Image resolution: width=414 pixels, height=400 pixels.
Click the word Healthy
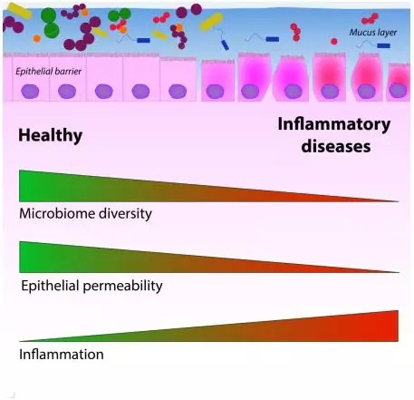coord(51,135)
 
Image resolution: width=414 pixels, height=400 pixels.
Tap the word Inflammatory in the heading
coord(334,124)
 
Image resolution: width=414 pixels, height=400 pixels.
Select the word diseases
coord(336,146)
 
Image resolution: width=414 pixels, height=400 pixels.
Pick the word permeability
coord(122,286)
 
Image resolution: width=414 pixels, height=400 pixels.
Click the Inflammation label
coord(62,355)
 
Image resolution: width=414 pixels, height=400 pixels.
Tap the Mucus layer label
coord(373,33)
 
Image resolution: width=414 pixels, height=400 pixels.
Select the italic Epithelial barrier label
coord(49,72)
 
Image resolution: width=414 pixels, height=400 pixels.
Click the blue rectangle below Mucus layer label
coord(383,45)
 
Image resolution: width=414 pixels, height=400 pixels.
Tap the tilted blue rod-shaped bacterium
coord(225,44)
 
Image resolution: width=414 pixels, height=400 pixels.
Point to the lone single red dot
coord(334,41)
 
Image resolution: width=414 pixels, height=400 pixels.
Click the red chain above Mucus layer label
coord(370,19)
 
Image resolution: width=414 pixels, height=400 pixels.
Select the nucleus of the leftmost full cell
coord(30,91)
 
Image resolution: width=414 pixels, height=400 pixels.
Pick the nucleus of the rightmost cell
coord(398,91)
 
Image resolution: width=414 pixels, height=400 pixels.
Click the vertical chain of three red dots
coord(295,32)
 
